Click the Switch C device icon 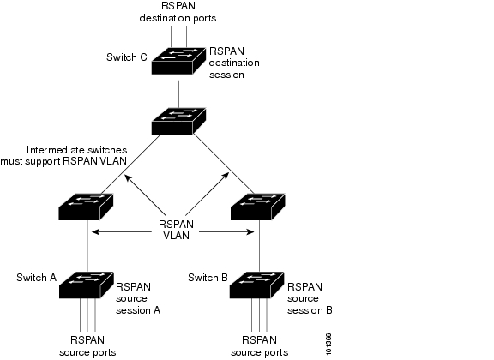(178, 61)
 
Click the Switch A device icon (87, 285)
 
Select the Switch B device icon (256, 285)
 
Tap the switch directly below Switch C (178, 121)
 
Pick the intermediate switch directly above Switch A (86, 207)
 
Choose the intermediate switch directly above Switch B (258, 207)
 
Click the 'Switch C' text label (127, 57)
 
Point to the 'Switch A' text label (37, 278)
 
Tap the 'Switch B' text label (208, 278)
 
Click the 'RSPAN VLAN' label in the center (176, 230)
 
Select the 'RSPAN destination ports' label (178, 12)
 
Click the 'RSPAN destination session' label (234, 63)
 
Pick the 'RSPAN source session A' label (138, 298)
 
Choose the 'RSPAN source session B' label (310, 298)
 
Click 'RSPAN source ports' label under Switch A (87, 346)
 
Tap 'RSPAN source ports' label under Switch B (259, 346)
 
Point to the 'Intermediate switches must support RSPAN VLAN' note (63, 155)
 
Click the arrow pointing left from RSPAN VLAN (122, 232)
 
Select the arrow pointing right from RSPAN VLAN (226, 232)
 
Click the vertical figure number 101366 (328, 344)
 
